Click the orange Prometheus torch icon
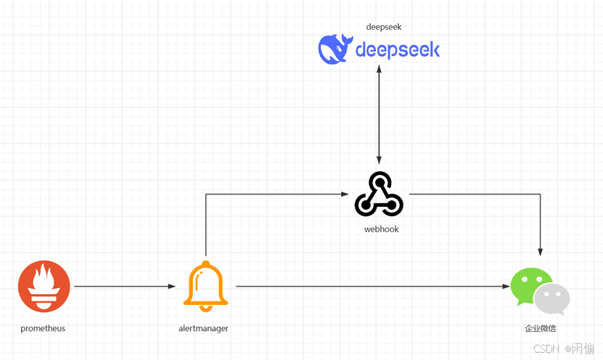pyautogui.click(x=44, y=287)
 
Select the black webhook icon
pyautogui.click(x=379, y=195)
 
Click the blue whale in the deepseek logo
pyautogui.click(x=335, y=49)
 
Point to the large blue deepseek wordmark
pyautogui.click(x=398, y=49)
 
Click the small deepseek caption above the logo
pyautogui.click(x=384, y=27)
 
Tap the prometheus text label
pyautogui.click(x=43, y=329)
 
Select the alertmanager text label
pyautogui.click(x=203, y=329)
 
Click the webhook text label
pyautogui.click(x=381, y=229)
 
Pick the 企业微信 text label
pyautogui.click(x=540, y=329)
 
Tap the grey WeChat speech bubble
pyautogui.click(x=553, y=299)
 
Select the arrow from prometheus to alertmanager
pyautogui.click(x=123, y=287)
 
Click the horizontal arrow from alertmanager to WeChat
pyautogui.click(x=370, y=287)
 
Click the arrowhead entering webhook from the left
pyautogui.click(x=345, y=194)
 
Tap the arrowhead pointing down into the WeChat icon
pyautogui.click(x=540, y=251)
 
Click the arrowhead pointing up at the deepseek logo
pyautogui.click(x=379, y=69)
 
